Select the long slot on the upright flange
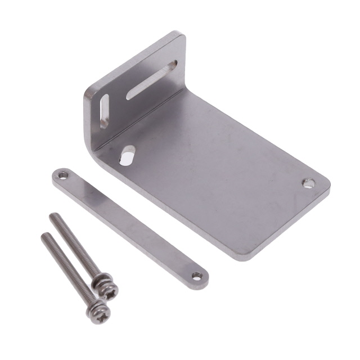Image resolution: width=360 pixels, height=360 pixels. click(x=151, y=80)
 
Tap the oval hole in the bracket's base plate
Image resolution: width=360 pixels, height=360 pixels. click(x=127, y=155)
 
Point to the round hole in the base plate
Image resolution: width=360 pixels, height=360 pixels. click(x=308, y=183)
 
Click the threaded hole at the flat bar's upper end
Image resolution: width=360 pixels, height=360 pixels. click(x=63, y=175)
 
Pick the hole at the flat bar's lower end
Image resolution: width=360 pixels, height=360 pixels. click(x=196, y=276)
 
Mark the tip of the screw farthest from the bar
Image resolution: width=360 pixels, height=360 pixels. click(x=44, y=235)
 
